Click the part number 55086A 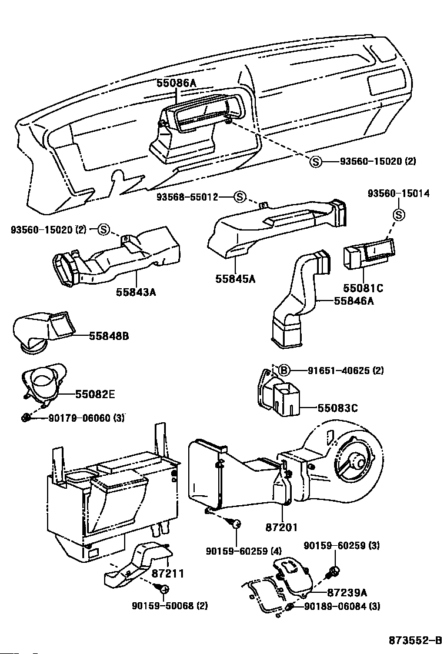[176, 84]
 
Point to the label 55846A [354, 301]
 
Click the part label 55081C [363, 288]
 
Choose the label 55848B [109, 336]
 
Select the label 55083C [338, 407]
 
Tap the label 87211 [168, 572]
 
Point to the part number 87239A [347, 593]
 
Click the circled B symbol [283, 370]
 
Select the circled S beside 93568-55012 [240, 196]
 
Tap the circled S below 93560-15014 [398, 215]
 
